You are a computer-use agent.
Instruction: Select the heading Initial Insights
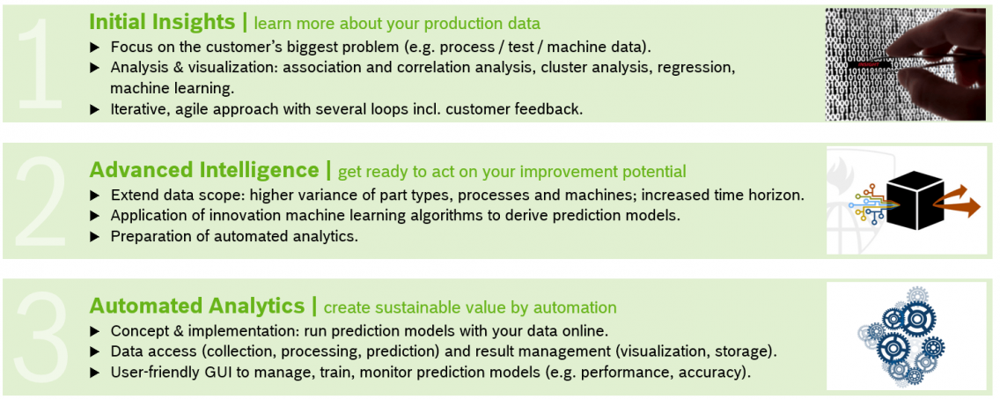click(x=162, y=22)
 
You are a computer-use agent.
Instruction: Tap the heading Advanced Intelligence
click(x=204, y=170)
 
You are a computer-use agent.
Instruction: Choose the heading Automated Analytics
click(x=196, y=306)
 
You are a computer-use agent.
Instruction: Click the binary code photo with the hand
click(x=905, y=64)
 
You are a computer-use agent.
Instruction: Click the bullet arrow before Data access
click(x=96, y=351)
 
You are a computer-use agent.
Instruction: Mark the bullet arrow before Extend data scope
click(x=96, y=194)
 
